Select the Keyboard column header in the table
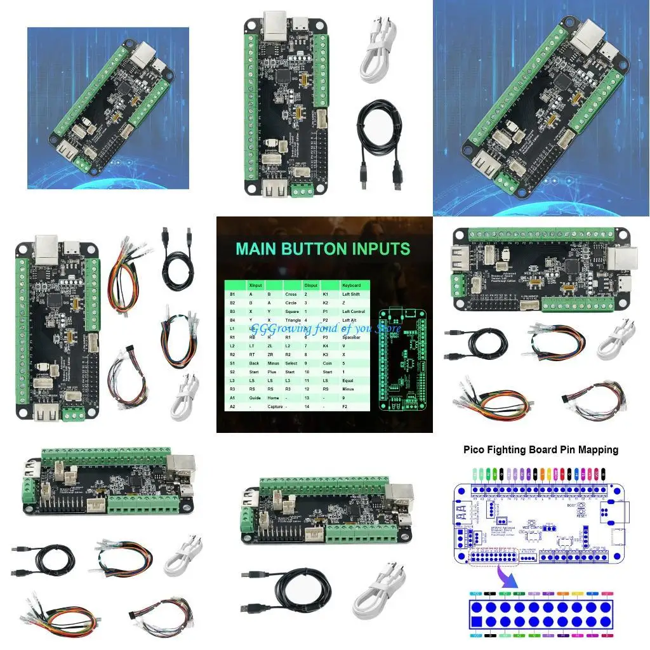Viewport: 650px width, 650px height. click(x=351, y=286)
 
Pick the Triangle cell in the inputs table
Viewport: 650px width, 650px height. click(x=293, y=321)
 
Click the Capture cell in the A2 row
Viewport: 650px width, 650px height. click(x=275, y=406)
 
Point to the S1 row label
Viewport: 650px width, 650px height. click(x=232, y=362)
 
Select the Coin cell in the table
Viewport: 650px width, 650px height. click(x=327, y=362)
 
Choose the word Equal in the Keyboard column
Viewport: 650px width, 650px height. click(x=348, y=380)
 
